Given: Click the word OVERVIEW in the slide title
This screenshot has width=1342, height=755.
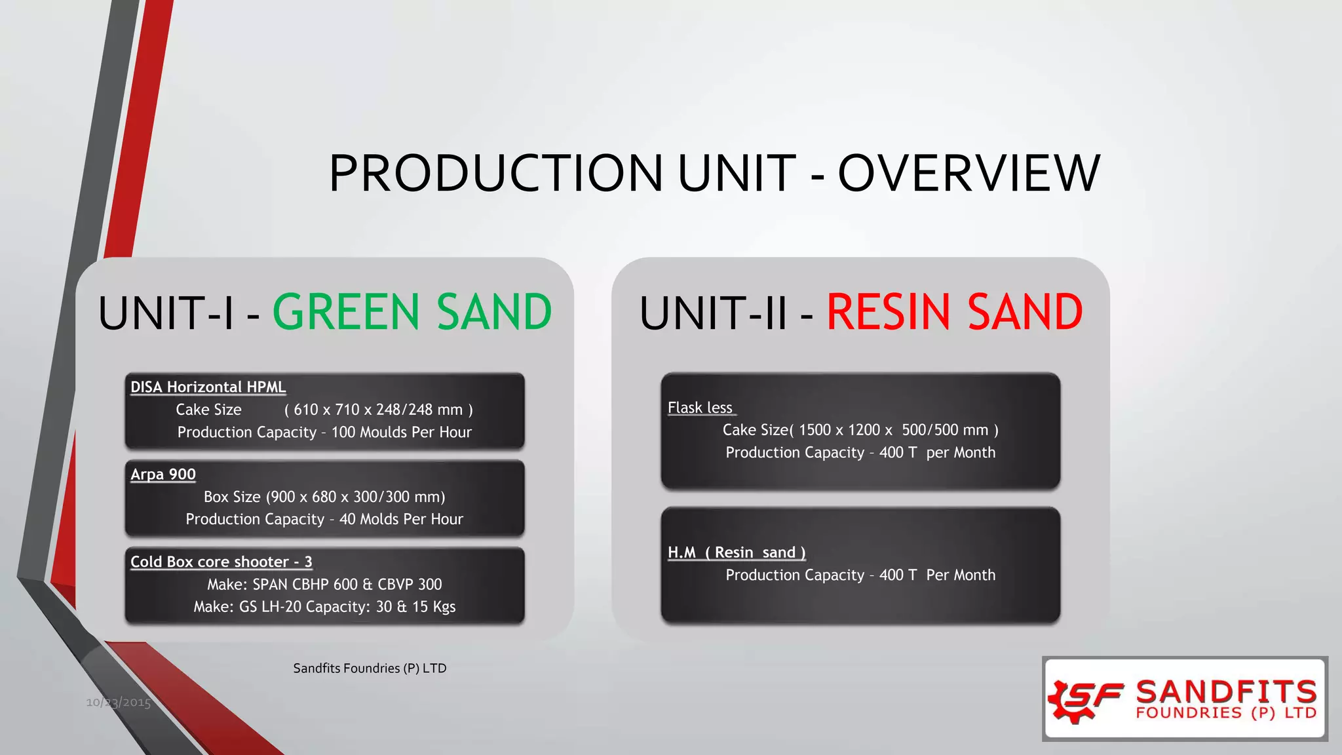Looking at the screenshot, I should (x=968, y=173).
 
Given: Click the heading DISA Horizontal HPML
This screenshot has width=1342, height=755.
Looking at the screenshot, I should (x=208, y=387).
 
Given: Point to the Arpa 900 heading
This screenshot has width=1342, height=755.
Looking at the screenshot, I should (x=163, y=474).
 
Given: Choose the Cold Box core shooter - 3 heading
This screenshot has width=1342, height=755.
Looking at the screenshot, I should (x=221, y=562).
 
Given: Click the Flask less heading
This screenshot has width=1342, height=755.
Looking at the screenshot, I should (x=700, y=408).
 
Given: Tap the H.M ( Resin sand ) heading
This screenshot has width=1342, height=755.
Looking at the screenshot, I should (x=737, y=552).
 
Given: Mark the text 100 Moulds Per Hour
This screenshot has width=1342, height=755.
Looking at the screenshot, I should (x=401, y=433).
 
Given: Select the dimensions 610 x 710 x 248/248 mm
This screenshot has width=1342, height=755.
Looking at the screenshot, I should (x=378, y=410).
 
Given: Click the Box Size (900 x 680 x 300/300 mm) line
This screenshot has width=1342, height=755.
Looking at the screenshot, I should (x=324, y=497).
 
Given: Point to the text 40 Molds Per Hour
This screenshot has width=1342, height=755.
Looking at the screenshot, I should (x=401, y=519).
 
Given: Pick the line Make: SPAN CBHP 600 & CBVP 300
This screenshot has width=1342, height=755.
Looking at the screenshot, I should (x=324, y=584).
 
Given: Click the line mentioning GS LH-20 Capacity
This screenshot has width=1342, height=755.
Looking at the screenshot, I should (x=324, y=607).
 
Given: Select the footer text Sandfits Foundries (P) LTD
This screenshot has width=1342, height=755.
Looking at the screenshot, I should (x=370, y=668).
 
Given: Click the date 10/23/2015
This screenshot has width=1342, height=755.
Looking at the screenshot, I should (x=118, y=703).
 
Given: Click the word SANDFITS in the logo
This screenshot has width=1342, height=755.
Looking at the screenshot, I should (x=1225, y=691).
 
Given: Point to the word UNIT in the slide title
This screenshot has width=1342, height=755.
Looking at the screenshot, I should (x=737, y=173).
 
